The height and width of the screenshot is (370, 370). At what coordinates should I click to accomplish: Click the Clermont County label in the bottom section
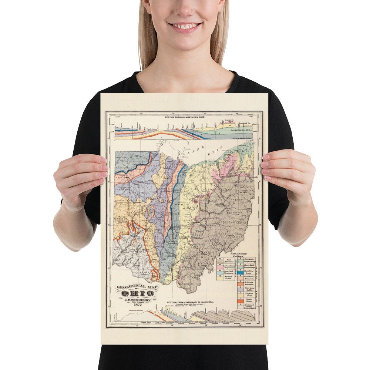tap(133, 310)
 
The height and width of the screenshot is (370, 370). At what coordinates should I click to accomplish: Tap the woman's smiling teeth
tap(185, 26)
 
